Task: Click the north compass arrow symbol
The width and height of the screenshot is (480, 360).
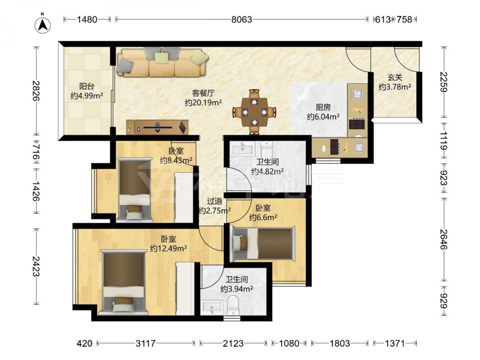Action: [x=43, y=24]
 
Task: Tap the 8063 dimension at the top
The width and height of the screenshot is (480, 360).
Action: [x=241, y=20]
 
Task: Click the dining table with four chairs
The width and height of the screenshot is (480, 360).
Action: [x=254, y=112]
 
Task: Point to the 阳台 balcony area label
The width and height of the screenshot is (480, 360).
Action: [x=86, y=86]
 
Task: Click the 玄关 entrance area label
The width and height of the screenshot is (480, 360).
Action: [x=395, y=78]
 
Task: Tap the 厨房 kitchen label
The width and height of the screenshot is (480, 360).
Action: [x=323, y=108]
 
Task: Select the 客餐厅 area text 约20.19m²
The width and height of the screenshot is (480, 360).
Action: [x=203, y=103]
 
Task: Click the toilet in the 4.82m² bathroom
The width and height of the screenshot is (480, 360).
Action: [x=266, y=149]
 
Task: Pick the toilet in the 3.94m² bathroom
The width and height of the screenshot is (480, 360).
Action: [x=233, y=305]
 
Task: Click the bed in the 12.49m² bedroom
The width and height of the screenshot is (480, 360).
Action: [x=123, y=282]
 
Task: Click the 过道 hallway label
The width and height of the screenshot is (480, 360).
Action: [x=214, y=201]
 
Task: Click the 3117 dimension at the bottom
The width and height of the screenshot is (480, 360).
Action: [x=146, y=344]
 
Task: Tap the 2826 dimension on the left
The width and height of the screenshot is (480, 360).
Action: [x=36, y=91]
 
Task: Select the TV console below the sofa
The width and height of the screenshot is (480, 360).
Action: [x=157, y=127]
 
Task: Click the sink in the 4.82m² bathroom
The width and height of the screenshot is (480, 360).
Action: [x=243, y=148]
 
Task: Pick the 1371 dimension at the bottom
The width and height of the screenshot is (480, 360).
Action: [x=395, y=344]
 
